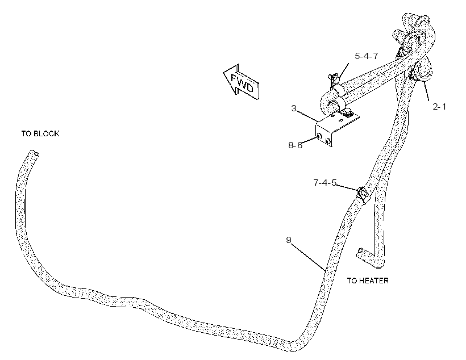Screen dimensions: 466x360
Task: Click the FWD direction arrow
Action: click(242, 81)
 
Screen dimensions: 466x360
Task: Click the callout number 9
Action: click(289, 240)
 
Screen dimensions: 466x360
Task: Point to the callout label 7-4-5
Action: click(325, 182)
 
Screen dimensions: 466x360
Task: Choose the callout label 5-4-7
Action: click(366, 56)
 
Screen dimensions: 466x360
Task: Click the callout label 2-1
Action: click(439, 106)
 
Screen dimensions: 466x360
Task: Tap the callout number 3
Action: click(294, 108)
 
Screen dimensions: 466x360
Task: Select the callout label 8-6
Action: click(295, 145)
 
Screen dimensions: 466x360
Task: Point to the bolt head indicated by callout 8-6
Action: click(319, 136)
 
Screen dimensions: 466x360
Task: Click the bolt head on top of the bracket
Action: click(347, 112)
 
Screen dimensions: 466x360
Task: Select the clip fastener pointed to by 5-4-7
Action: click(334, 78)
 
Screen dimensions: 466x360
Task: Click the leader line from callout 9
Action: click(308, 257)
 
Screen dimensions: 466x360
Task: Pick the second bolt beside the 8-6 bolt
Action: click(328, 141)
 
